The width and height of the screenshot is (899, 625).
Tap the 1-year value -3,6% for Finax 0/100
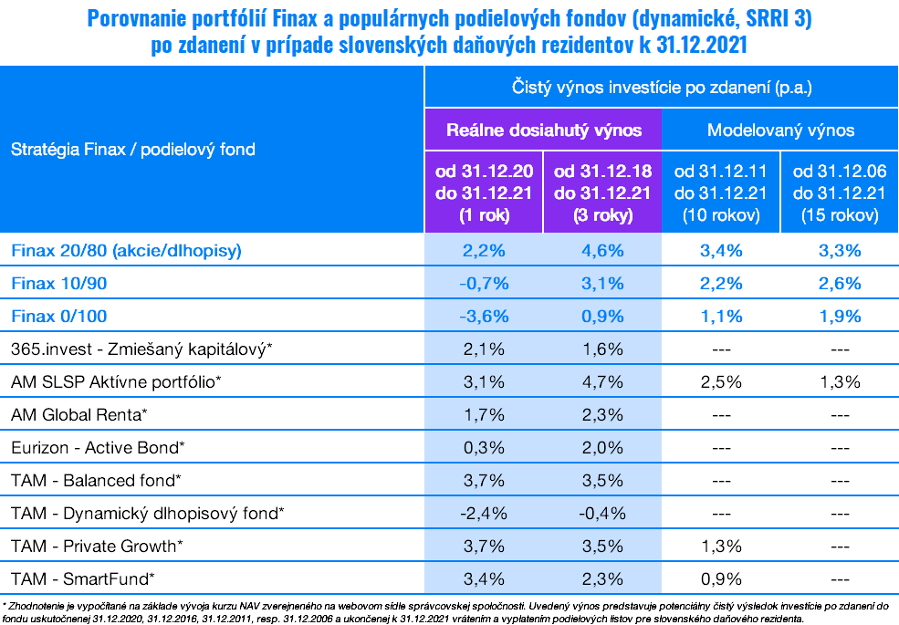(484, 316)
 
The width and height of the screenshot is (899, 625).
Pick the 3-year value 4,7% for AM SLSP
(602, 381)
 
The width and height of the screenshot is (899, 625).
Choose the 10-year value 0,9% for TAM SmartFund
(721, 578)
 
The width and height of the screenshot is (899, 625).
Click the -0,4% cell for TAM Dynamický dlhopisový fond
(602, 513)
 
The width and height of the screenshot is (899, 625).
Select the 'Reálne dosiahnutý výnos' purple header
(543, 130)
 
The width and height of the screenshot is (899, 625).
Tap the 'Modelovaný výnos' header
(780, 130)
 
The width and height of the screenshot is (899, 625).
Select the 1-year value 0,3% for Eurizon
(484, 447)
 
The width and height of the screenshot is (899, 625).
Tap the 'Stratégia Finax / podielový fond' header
(133, 149)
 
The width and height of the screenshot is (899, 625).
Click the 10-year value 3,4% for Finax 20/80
(721, 250)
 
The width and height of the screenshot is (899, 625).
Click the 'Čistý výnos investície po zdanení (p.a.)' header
(661, 88)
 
